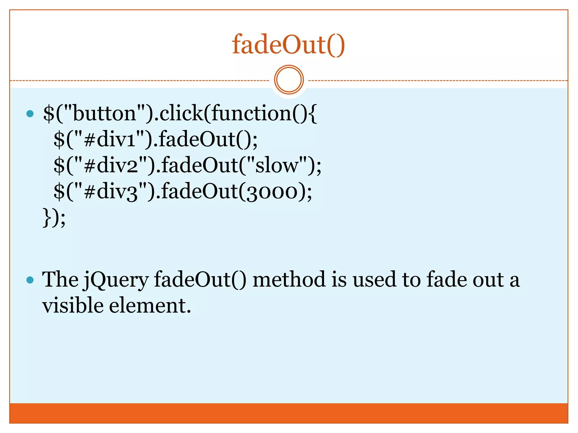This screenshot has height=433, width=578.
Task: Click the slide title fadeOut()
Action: click(x=288, y=45)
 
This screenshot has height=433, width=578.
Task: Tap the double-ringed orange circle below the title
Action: click(x=289, y=80)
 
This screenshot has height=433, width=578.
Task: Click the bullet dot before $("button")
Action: click(x=30, y=114)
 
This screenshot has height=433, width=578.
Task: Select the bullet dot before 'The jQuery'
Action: click(x=30, y=280)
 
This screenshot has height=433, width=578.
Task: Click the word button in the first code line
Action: click(x=105, y=113)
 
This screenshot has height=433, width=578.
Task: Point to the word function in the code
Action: click(x=251, y=113)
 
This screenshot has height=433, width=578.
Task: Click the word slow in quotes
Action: click(x=277, y=165)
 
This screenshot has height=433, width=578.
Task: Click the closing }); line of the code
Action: click(x=54, y=217)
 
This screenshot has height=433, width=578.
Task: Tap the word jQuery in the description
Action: click(x=116, y=280)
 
